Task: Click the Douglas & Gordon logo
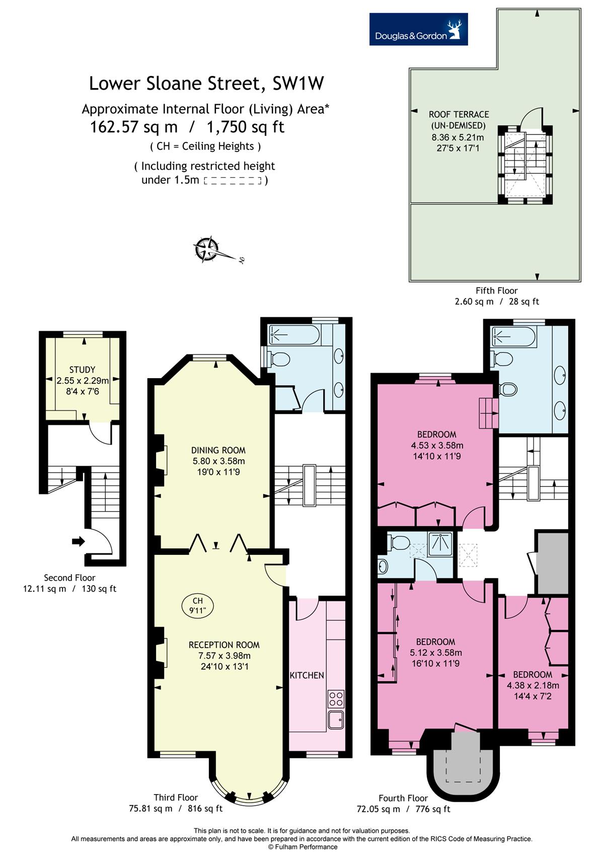tap(418, 29)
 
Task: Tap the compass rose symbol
tap(206, 249)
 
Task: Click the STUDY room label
tap(82, 370)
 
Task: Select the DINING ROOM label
tap(218, 450)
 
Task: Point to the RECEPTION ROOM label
tap(224, 645)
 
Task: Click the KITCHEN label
tap(307, 675)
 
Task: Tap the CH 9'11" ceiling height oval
tap(198, 605)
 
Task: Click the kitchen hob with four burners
tap(336, 699)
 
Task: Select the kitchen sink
tap(336, 720)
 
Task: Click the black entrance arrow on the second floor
tap(78, 541)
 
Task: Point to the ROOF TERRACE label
tap(459, 114)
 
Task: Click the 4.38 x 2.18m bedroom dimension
tap(533, 685)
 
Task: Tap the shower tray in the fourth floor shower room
tap(440, 543)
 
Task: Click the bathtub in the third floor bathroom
tap(294, 335)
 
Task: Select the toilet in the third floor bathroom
tap(278, 359)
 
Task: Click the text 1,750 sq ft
tap(245, 127)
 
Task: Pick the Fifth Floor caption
tap(496, 291)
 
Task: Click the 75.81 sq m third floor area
tap(150, 809)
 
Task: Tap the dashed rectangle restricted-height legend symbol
tap(233, 181)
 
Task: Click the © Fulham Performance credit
tap(303, 847)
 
